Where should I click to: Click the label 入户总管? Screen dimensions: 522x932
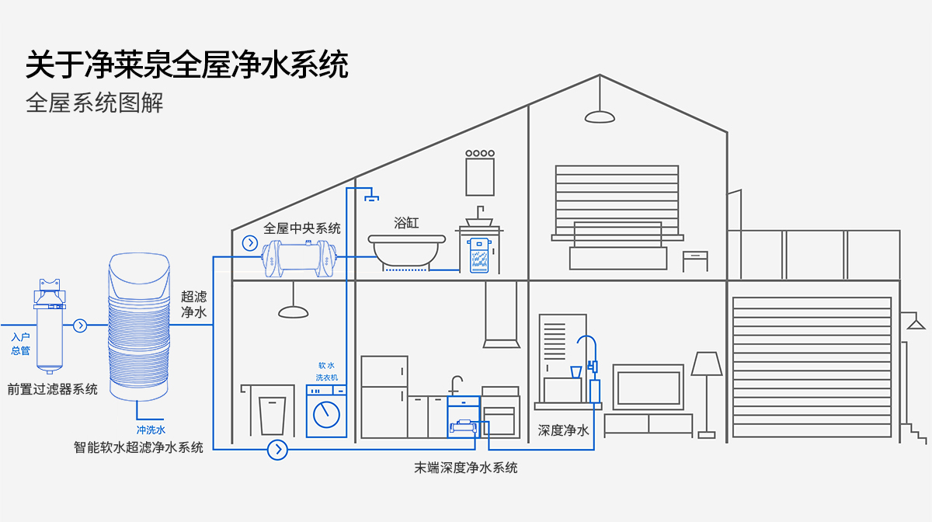20,343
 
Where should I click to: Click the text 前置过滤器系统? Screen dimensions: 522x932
52,389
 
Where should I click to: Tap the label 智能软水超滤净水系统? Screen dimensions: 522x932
138,447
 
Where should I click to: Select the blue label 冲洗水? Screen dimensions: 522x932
151,430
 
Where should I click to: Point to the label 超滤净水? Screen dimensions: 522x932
193,304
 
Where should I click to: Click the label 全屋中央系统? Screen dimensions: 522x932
302,228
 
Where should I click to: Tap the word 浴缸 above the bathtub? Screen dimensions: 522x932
406,223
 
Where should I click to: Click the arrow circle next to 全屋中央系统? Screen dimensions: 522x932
250,243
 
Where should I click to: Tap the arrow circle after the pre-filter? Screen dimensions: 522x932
80,325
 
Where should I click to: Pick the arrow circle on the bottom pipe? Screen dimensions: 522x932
277,449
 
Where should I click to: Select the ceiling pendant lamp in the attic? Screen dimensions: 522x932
600,115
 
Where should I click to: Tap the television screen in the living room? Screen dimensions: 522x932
648,386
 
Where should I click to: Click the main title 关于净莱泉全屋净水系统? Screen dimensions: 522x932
187,65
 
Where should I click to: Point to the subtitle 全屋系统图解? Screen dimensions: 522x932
95,103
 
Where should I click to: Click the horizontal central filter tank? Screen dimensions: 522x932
300,259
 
